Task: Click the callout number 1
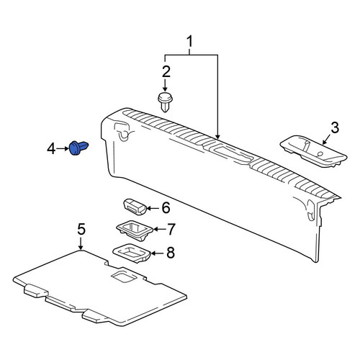tap(190, 42)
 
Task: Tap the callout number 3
tap(335, 127)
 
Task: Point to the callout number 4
tap(51, 149)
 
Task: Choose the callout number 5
tap(81, 229)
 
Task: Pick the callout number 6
tap(166, 208)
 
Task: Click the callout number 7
tap(171, 229)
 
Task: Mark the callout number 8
tap(171, 253)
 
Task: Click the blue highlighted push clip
tap(78, 148)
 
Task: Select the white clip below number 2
tap(166, 102)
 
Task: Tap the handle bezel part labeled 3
tap(313, 151)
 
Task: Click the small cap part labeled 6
tap(135, 207)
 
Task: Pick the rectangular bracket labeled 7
tap(135, 230)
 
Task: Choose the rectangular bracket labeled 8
tap(132, 253)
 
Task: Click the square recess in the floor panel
tap(124, 276)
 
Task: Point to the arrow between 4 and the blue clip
tap(63, 149)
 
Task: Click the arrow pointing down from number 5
tap(81, 243)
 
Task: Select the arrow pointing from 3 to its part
tap(327, 140)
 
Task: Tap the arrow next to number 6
tap(153, 208)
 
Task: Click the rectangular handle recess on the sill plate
tap(232, 155)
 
